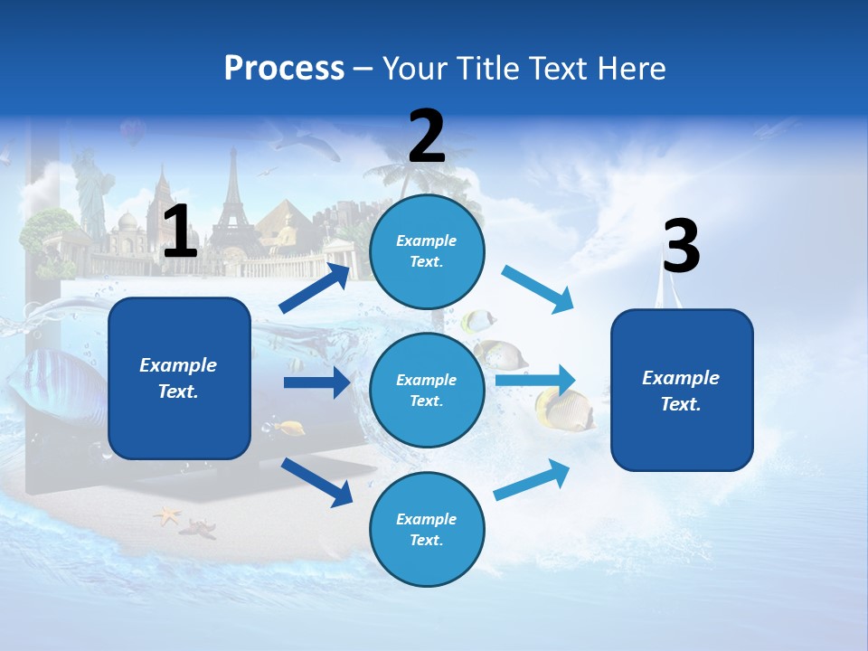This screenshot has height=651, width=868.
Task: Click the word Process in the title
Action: click(284, 69)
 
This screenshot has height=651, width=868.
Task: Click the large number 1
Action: click(180, 231)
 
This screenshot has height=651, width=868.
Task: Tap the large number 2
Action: click(427, 136)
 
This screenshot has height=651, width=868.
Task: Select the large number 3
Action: click(681, 247)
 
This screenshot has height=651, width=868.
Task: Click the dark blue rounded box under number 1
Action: click(179, 378)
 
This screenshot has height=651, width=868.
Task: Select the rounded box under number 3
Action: click(682, 390)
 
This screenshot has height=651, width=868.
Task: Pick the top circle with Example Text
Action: click(427, 251)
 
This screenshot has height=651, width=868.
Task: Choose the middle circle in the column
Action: click(427, 390)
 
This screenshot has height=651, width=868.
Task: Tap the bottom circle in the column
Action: click(427, 529)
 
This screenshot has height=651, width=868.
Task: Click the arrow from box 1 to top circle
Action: click(315, 288)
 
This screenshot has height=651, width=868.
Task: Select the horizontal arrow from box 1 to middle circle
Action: click(316, 382)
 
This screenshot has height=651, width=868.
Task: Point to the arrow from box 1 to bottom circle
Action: click(316, 481)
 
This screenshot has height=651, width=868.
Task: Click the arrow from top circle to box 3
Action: click(536, 289)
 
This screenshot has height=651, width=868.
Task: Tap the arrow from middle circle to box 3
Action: click(534, 381)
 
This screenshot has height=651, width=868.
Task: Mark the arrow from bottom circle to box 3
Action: click(532, 479)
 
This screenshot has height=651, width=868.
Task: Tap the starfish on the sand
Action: click(168, 516)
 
